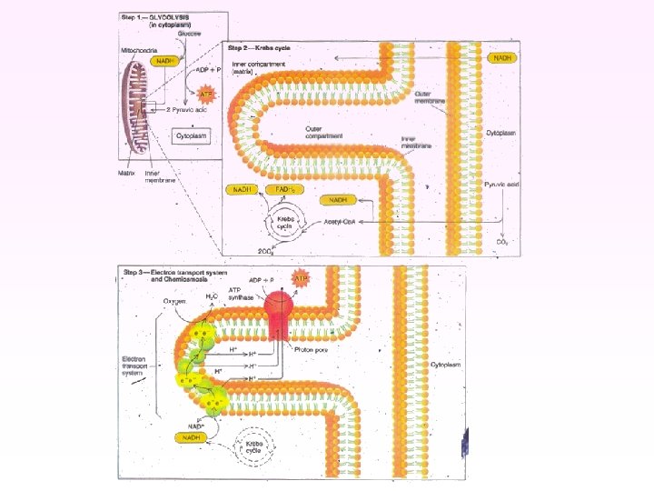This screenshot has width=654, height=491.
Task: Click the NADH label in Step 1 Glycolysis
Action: point(165,61)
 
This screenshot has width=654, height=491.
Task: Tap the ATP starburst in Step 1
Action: point(205,93)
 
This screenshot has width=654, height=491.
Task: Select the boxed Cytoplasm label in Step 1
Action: point(193,136)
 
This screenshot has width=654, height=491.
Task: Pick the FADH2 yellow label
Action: point(285,189)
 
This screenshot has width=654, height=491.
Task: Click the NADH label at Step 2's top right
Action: point(502,57)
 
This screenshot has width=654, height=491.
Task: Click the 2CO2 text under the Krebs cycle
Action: point(265,248)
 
